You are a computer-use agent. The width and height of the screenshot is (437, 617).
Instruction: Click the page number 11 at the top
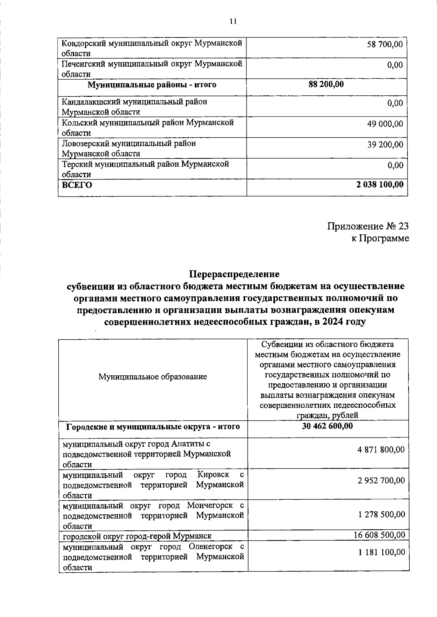click(233, 21)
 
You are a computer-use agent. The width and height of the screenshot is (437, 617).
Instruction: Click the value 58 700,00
click(385, 44)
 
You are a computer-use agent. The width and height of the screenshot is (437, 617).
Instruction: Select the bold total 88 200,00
click(326, 84)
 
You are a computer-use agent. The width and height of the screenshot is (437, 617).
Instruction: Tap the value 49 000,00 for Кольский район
click(385, 124)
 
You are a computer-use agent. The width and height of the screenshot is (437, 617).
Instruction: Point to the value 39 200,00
click(385, 145)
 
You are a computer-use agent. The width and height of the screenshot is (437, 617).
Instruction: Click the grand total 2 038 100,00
click(380, 185)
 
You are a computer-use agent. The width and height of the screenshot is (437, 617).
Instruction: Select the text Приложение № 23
click(368, 226)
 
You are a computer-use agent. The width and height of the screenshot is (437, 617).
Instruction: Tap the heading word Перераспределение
click(234, 273)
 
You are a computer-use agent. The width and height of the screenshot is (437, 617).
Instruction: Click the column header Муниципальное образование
click(153, 377)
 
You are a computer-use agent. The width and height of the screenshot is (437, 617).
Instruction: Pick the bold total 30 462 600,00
click(327, 426)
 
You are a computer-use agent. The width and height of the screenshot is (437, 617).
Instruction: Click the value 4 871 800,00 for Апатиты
click(381, 450)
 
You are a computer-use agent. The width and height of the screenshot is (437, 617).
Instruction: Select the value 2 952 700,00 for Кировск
click(381, 480)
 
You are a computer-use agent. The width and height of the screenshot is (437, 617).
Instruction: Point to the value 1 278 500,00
click(381, 514)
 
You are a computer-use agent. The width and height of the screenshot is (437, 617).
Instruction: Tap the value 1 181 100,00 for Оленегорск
click(381, 552)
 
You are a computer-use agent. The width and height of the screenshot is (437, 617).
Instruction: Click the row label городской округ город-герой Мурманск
click(137, 536)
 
